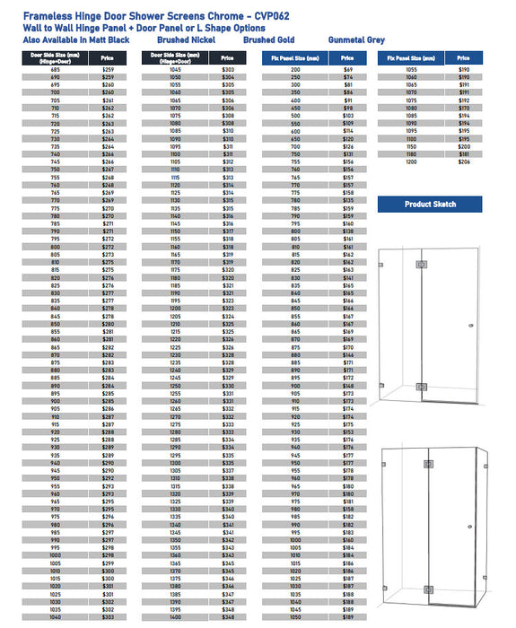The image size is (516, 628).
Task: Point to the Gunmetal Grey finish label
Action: [x=356, y=40]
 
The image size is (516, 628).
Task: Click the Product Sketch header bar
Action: [x=430, y=205]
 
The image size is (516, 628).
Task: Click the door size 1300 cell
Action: [x=176, y=463]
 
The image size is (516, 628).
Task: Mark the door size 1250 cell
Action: [x=176, y=386]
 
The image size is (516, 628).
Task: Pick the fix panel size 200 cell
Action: [x=295, y=70]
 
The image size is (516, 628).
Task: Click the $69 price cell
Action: [x=348, y=70]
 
